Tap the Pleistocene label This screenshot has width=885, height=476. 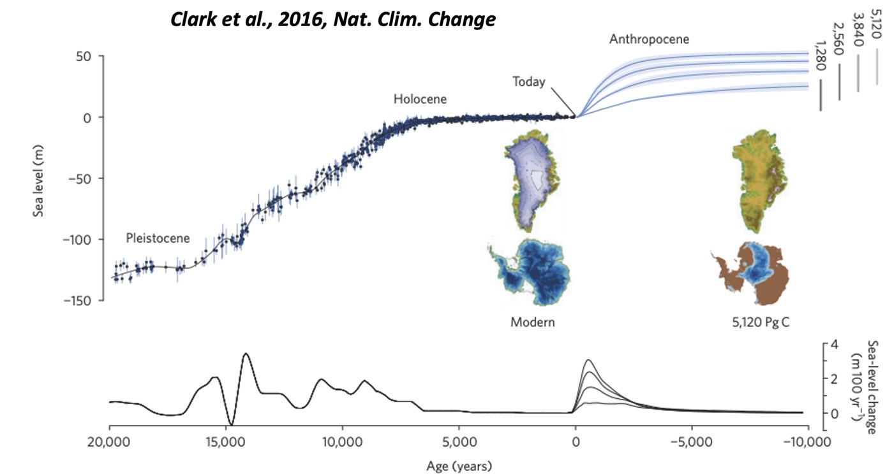158,238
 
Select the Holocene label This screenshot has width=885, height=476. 420,99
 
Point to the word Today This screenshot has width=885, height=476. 528,82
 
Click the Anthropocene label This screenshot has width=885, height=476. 649,39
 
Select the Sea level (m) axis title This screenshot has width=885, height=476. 38,178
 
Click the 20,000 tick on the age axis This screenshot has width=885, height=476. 109,442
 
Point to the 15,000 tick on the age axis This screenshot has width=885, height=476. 226,442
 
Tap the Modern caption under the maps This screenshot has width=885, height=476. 532,322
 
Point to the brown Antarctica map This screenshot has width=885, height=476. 753,273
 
